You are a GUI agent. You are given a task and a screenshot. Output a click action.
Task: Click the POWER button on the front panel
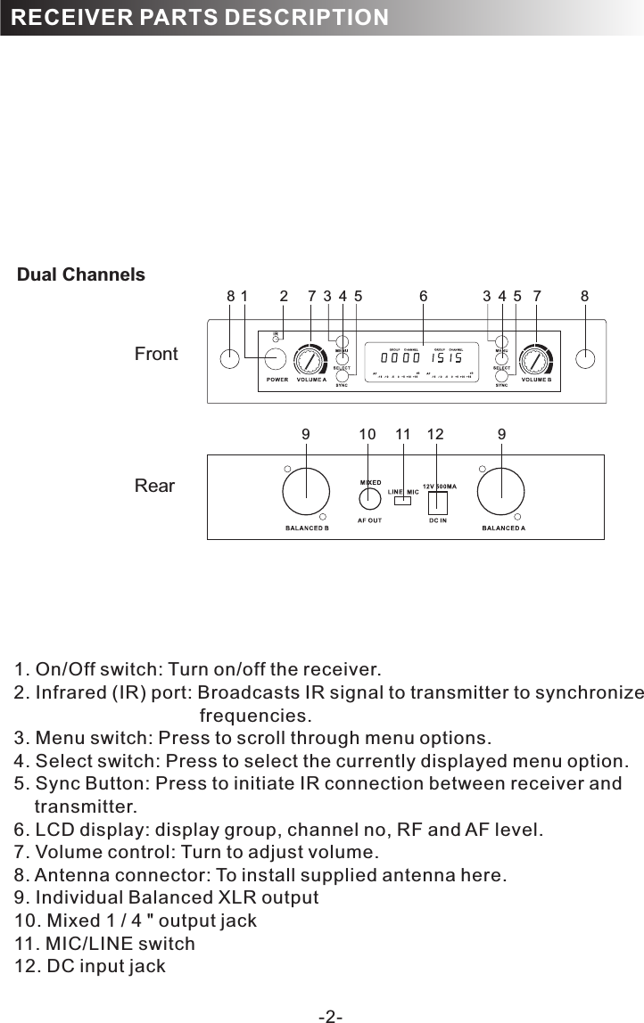coord(275,359)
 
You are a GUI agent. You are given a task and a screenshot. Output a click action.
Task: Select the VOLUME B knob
coord(535,360)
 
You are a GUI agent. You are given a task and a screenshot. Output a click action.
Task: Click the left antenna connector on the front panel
coord(230,359)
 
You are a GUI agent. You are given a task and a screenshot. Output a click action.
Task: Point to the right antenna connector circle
coord(585,359)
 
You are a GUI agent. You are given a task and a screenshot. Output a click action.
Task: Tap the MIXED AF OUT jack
coord(369,500)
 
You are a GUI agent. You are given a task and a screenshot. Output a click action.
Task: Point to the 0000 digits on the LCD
coord(399,358)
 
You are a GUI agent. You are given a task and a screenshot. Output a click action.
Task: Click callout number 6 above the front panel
coord(424,295)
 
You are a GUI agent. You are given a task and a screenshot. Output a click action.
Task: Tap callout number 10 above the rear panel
coord(367,434)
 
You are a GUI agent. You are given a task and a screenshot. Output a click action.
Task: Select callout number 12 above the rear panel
coord(435,434)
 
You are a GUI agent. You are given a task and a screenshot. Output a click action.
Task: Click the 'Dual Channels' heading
coord(81,275)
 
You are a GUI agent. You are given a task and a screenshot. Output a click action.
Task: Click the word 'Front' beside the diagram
coord(156,355)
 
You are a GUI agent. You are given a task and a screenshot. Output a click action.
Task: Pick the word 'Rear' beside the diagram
coord(154,487)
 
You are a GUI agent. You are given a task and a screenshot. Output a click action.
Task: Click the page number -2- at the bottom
coord(331,1016)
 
